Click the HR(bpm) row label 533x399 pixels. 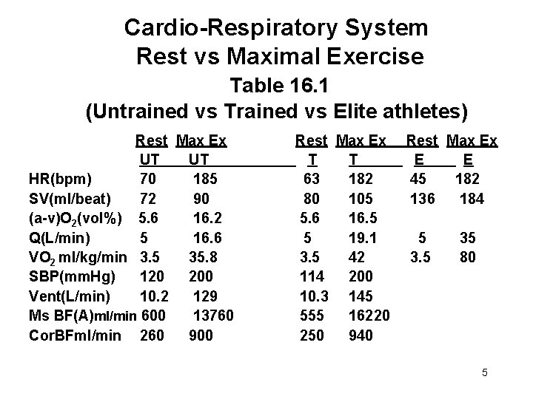60,179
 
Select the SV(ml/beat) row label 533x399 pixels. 70,199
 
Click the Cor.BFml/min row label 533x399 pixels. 73,335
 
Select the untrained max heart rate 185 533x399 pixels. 206,179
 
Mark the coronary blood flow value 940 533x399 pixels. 361,335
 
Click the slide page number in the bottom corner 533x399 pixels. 484,372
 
